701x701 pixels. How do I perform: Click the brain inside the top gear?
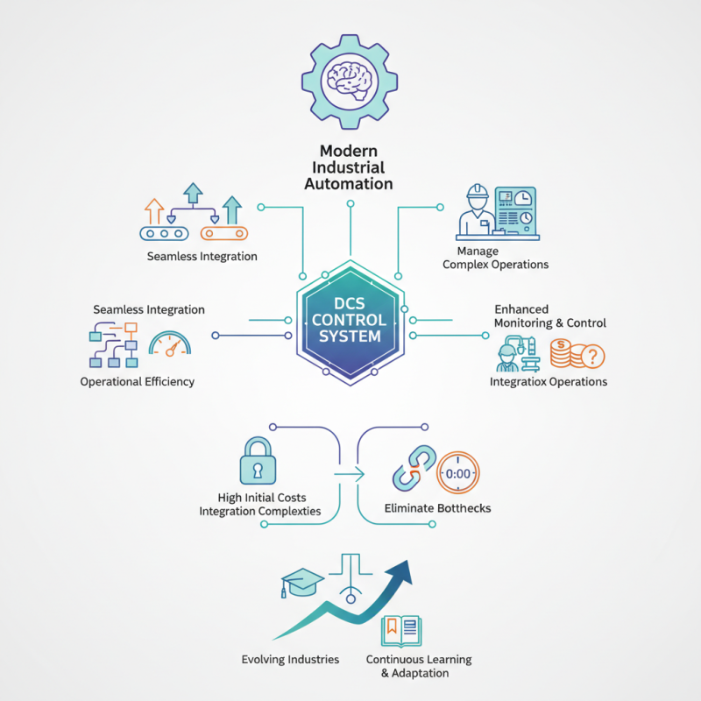tap(350, 76)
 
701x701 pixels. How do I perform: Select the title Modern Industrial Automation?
tap(349, 167)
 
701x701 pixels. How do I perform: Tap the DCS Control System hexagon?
tap(350, 322)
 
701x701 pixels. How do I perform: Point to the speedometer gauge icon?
tap(169, 343)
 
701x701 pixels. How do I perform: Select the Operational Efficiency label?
tap(137, 381)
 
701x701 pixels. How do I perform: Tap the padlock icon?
tap(258, 461)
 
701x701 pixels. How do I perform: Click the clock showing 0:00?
tap(458, 473)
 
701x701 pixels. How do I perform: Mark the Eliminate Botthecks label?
tap(437, 508)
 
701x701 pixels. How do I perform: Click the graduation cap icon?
tap(301, 579)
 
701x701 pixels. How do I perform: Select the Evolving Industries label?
tap(290, 659)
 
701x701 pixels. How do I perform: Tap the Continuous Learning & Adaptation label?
tap(419, 666)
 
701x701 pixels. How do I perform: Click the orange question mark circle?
tap(591, 357)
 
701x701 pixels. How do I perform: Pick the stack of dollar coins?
tap(562, 354)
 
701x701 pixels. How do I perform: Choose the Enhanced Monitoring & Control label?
tap(549, 316)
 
